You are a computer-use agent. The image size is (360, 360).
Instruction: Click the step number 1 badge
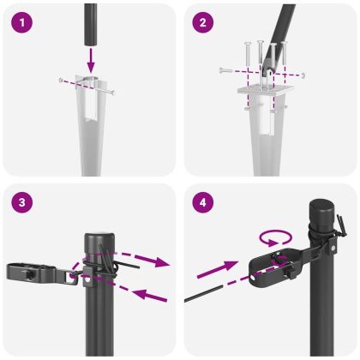coord(23,23)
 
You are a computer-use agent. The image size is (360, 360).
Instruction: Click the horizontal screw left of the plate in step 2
coord(225,69)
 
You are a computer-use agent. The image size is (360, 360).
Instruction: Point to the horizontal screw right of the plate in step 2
coord(303,76)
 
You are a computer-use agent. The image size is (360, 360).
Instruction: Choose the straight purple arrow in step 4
coord(213,274)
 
